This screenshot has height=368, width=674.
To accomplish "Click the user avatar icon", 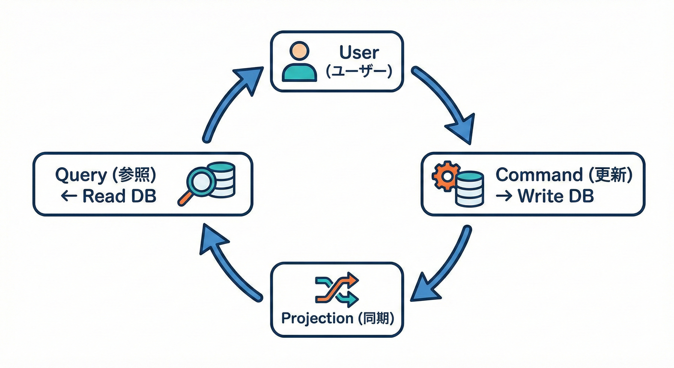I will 299,61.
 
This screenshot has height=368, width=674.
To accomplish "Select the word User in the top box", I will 359,52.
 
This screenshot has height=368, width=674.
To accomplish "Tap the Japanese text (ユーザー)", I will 359,72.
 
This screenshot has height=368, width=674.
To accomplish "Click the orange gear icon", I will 446,176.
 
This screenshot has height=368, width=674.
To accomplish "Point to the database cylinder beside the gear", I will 469,189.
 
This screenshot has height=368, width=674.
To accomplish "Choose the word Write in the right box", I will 541,195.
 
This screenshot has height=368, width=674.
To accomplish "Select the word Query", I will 81,175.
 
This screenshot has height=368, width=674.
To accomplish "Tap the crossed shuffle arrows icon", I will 337,289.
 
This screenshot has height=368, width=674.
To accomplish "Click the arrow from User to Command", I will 445,103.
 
